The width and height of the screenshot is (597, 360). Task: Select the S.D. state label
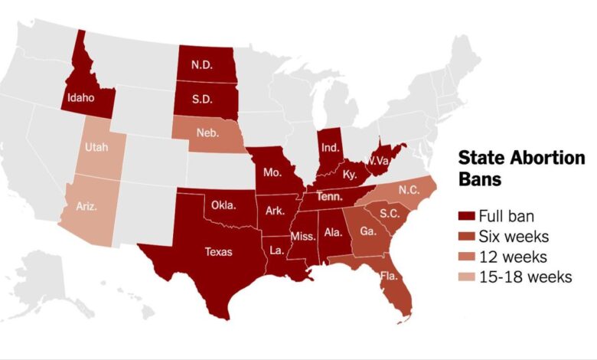(203, 100)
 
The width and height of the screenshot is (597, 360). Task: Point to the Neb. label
(207, 133)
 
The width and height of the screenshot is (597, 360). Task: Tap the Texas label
(218, 251)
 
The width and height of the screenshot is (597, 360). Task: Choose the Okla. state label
(224, 206)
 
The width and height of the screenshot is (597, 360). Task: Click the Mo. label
(271, 172)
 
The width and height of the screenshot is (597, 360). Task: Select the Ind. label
(330, 146)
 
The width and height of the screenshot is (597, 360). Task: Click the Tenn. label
(330, 197)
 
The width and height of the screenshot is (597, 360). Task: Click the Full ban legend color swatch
(465, 215)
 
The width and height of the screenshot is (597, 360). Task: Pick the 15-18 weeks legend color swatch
(465, 277)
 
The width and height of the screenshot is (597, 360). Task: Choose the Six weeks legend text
(514, 236)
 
